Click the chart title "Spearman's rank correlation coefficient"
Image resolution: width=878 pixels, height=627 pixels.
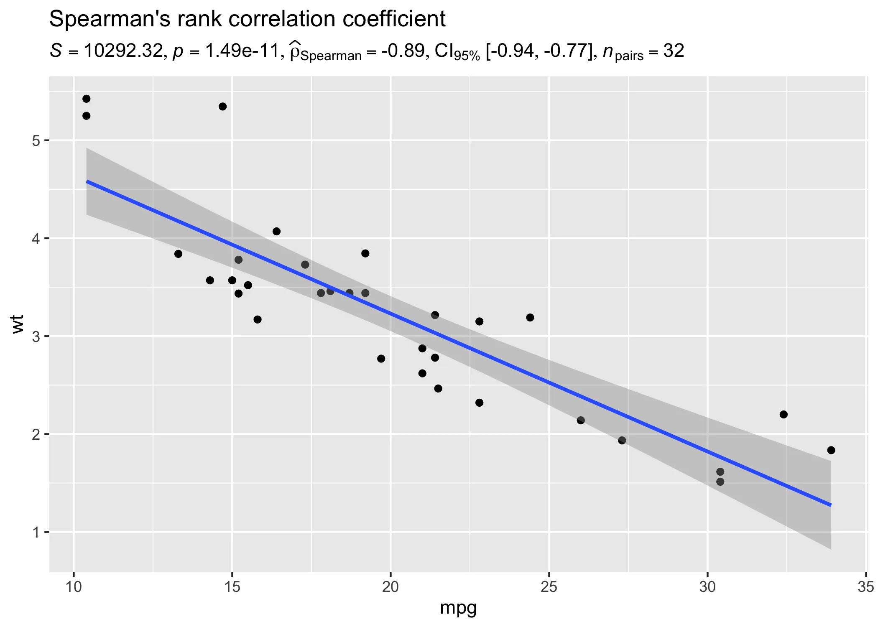pos(248,19)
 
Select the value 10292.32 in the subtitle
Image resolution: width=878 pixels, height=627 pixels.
pos(123,51)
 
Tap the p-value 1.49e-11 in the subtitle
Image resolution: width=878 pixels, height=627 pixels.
pos(242,51)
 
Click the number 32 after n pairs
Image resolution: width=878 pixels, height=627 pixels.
pos(674,51)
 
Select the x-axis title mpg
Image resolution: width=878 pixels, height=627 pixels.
pos(458,608)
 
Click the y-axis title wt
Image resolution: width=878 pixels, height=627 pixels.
pos(18,324)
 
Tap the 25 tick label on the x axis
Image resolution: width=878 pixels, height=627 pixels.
pos(549,587)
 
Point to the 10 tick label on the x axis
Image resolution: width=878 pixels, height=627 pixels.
pos(74,587)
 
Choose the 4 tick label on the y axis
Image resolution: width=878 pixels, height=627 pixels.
pos(36,239)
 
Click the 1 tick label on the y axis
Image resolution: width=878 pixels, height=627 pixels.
pos(36,532)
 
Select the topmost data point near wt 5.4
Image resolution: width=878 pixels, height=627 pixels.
pos(87,99)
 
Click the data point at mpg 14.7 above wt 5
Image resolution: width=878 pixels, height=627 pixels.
pos(223,107)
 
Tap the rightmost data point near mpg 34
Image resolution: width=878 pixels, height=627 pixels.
pos(831,450)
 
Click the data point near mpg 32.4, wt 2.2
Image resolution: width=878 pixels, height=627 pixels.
pos(784,414)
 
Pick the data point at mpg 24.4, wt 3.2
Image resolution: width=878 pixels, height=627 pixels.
pos(530,318)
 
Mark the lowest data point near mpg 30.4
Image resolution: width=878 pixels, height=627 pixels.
pos(720,482)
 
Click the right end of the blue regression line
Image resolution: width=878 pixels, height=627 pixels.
pos(830,505)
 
